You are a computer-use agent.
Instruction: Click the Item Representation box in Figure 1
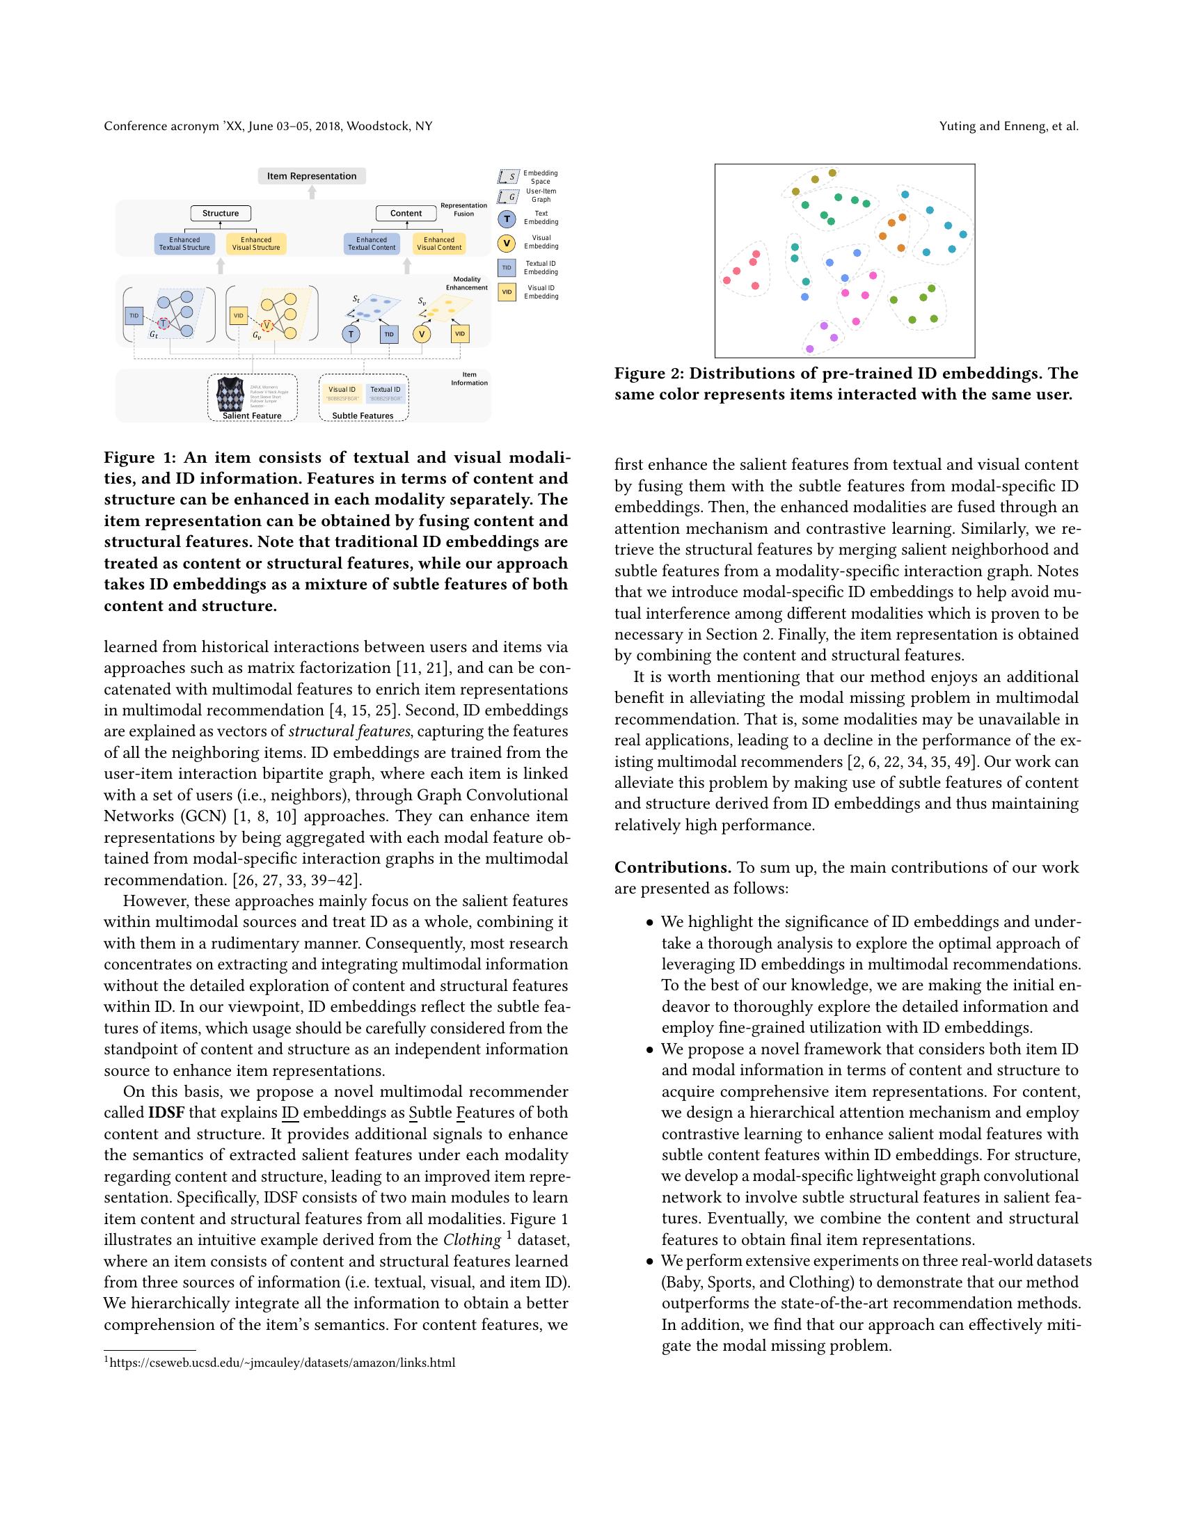click(312, 176)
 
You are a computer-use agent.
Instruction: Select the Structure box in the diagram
click(221, 213)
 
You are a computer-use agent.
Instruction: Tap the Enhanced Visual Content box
click(439, 244)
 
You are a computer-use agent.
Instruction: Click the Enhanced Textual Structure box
click(184, 244)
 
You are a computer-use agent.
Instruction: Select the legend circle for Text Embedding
click(507, 219)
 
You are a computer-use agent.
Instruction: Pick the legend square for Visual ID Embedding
click(507, 292)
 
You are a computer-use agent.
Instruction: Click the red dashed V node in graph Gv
click(267, 325)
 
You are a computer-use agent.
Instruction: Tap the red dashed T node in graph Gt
click(164, 323)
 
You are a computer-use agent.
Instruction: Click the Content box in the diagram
click(406, 213)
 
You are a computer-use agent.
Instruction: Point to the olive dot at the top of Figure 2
click(832, 173)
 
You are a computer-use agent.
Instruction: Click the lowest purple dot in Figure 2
click(809, 349)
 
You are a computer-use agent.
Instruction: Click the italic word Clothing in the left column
click(472, 1239)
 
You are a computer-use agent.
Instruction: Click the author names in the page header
click(1008, 127)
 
